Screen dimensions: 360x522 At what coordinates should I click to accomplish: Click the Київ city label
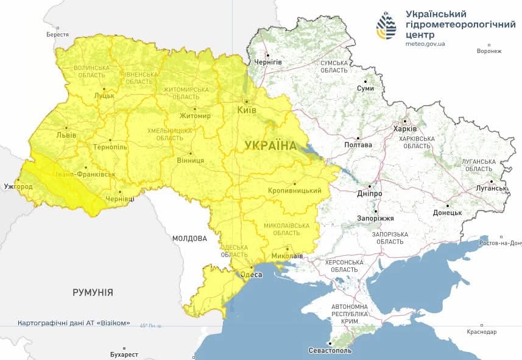pyautogui.click(x=247, y=110)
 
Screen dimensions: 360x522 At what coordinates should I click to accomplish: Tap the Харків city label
pyautogui.click(x=405, y=129)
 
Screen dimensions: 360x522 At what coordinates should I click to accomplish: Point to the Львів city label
pyautogui.click(x=66, y=135)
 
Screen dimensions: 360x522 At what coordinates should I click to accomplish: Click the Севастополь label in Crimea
pyautogui.click(x=331, y=351)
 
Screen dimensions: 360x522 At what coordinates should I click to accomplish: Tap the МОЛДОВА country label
pyautogui.click(x=189, y=239)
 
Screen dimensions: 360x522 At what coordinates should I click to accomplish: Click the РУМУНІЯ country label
pyautogui.click(x=93, y=292)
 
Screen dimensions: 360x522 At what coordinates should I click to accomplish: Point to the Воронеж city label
pyautogui.click(x=489, y=51)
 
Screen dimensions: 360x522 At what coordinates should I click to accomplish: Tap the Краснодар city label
pyautogui.click(x=482, y=332)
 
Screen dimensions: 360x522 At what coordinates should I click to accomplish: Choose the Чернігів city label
pyautogui.click(x=268, y=62)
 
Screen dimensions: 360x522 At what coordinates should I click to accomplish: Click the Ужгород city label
pyautogui.click(x=18, y=186)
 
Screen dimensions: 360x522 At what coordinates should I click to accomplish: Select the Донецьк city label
pyautogui.click(x=447, y=213)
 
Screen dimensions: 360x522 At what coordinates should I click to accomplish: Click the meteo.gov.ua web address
pyautogui.click(x=425, y=44)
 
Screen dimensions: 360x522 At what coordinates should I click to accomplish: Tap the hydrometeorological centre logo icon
pyautogui.click(x=386, y=26)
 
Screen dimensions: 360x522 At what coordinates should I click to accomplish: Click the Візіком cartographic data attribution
pyautogui.click(x=74, y=323)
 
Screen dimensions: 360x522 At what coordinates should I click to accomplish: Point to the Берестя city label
pyautogui.click(x=57, y=34)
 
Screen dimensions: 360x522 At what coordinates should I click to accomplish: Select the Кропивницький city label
pyautogui.click(x=295, y=191)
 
